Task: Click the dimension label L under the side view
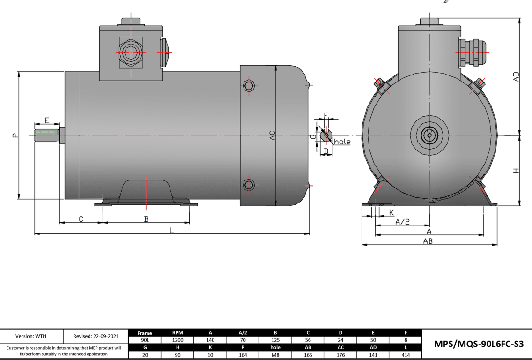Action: (172, 230)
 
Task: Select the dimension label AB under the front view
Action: (428, 241)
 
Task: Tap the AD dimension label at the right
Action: (516, 77)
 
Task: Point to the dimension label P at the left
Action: (15, 135)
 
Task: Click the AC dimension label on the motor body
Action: (272, 135)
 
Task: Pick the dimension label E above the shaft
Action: (47, 120)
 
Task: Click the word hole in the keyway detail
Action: (342, 142)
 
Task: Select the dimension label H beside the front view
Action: (516, 171)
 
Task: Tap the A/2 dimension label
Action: (402, 222)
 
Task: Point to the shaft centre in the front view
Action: (429, 135)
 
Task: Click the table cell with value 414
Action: (406, 355)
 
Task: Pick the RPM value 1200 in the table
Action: (177, 340)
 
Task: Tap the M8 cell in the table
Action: (275, 355)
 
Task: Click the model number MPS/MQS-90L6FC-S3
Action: (477, 344)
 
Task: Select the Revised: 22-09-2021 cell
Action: (96, 336)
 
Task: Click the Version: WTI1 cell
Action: (31, 336)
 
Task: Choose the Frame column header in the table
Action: (145, 333)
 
